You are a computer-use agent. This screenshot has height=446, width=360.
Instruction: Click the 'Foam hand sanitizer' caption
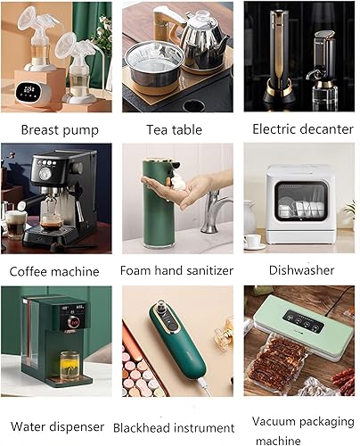pos(177,269)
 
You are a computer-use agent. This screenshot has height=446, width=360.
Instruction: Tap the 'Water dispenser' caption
pos(58,425)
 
